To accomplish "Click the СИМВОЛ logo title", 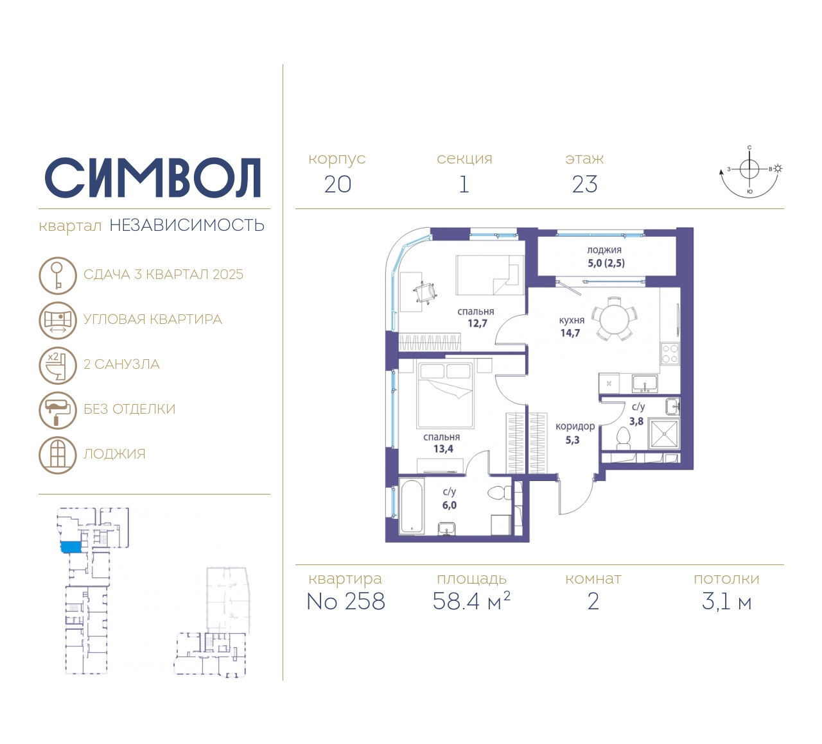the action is click(152, 178).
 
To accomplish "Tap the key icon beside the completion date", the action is click(58, 275).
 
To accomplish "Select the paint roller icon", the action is click(58, 410).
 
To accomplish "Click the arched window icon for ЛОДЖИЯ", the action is click(58, 455).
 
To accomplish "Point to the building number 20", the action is click(338, 185).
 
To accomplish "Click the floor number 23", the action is click(585, 185).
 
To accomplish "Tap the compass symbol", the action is click(749, 172).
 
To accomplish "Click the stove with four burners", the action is click(670, 354).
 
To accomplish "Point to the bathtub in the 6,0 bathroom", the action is click(412, 507).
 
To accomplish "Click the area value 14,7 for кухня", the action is click(570, 333).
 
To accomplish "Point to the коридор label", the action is click(575, 427).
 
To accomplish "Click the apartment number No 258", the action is click(346, 602).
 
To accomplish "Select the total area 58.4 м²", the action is click(471, 601).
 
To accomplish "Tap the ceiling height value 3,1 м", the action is click(726, 602).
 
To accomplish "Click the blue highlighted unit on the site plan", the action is click(71, 546).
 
